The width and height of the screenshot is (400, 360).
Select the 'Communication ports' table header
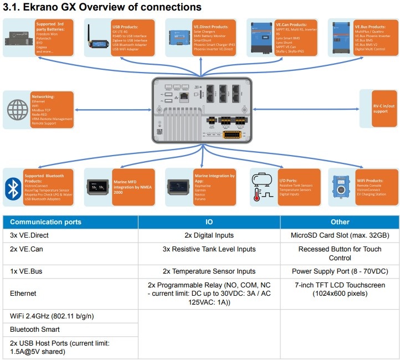tap(46, 222)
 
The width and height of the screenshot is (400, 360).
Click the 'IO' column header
tap(209, 222)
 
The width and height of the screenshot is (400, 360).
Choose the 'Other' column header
tap(340, 222)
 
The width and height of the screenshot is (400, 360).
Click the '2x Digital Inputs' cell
tap(209, 235)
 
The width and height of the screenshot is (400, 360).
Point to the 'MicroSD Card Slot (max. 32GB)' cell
tap(340, 235)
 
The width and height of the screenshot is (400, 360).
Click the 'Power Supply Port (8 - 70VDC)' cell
tap(340, 271)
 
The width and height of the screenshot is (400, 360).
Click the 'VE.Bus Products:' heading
tap(370, 26)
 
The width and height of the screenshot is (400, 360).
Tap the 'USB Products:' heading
tap(125, 26)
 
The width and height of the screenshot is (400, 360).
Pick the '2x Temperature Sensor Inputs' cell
tap(209, 271)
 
